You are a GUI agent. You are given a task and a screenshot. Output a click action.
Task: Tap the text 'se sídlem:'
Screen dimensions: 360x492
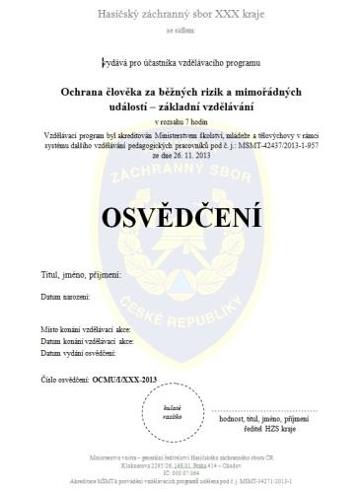[x=180, y=32]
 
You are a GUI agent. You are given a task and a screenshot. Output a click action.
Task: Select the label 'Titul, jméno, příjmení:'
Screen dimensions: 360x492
[x=78, y=275]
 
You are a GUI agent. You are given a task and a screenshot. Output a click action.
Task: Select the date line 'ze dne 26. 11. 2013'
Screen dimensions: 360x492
[x=180, y=156]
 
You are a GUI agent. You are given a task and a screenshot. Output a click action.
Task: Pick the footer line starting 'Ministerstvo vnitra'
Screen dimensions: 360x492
[x=180, y=459]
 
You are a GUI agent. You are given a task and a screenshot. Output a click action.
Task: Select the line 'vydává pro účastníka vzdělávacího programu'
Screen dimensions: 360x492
[x=180, y=62]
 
